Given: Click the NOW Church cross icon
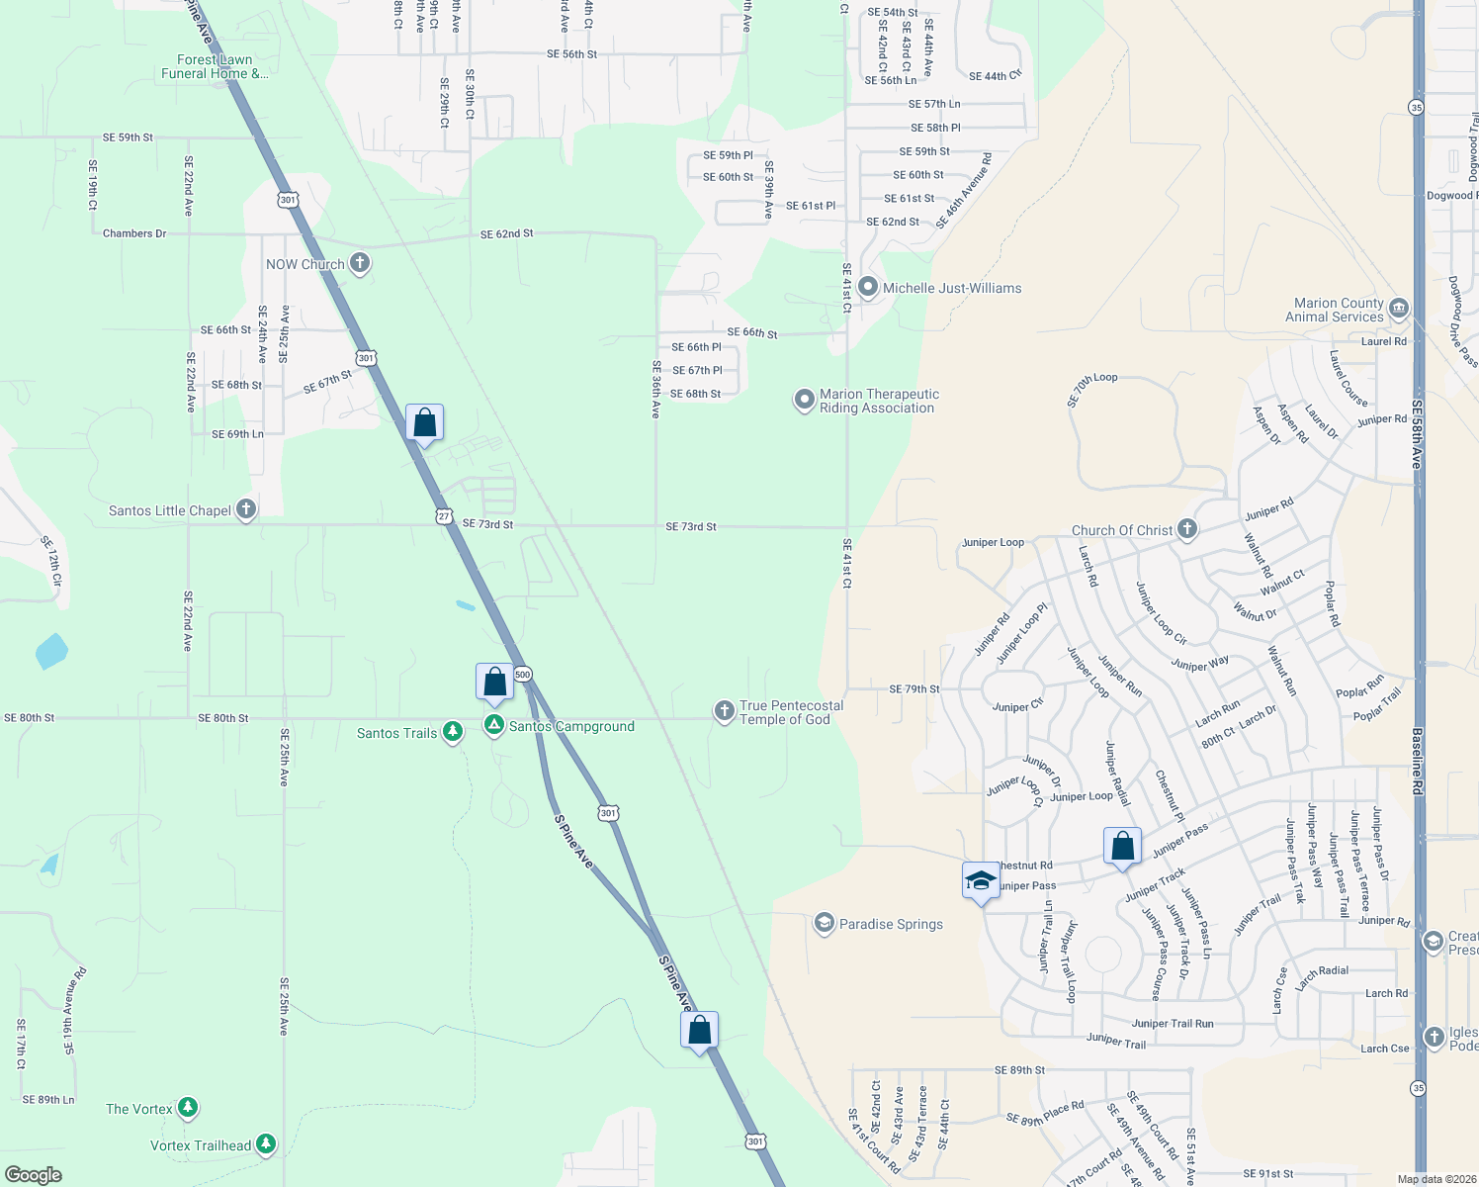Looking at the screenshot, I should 360,263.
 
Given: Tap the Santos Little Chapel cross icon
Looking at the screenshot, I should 246,509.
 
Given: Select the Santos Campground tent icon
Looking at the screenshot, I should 493,725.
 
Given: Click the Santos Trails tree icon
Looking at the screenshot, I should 453,732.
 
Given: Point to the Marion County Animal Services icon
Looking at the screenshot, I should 1398,309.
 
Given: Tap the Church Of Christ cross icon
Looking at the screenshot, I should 1187,529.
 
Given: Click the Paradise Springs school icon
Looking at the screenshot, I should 824,923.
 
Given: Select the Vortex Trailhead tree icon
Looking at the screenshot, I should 265,1144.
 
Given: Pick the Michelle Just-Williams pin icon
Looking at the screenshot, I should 868,287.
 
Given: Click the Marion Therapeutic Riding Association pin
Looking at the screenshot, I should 805,400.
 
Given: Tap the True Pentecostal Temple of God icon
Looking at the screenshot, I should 725,711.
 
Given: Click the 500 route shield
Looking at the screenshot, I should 523,675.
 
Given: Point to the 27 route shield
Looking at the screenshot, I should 444,515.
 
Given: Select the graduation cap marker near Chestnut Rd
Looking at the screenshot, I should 980,880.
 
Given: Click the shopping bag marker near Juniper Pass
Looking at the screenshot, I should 1122,847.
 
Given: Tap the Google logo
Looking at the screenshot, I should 33,1175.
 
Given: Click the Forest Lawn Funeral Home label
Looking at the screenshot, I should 214,66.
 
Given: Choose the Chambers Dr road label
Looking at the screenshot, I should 134,233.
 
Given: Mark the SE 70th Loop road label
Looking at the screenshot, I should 1091,390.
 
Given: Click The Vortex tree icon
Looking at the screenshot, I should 188,1108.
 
